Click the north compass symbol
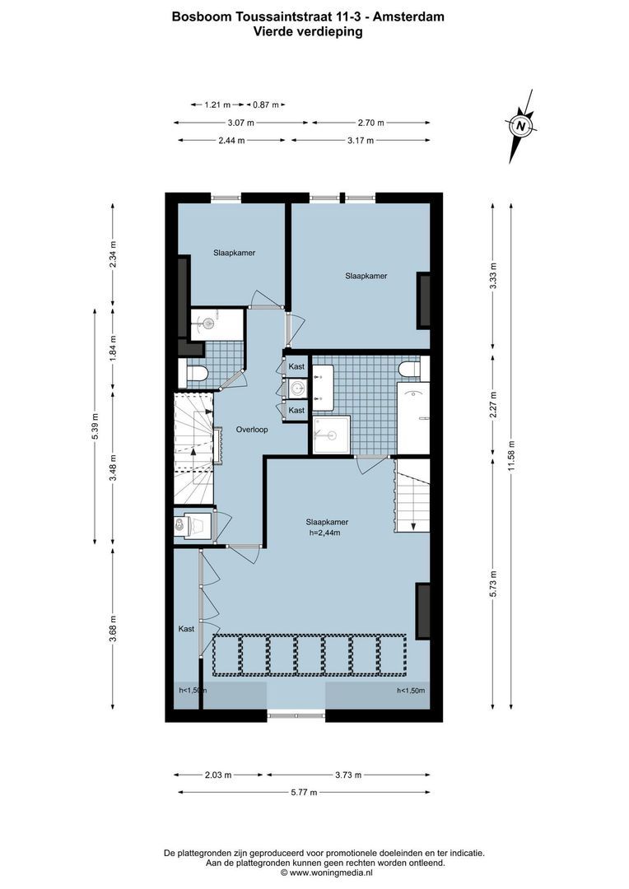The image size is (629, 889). tap(520, 127)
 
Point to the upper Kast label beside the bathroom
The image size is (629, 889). tap(296, 365)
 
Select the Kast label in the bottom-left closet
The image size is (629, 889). tap(187, 629)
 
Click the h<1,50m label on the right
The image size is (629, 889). tap(412, 691)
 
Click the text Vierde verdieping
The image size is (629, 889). tap(309, 31)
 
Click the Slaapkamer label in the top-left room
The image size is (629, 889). tap(234, 253)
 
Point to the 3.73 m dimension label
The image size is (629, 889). tap(346, 775)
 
